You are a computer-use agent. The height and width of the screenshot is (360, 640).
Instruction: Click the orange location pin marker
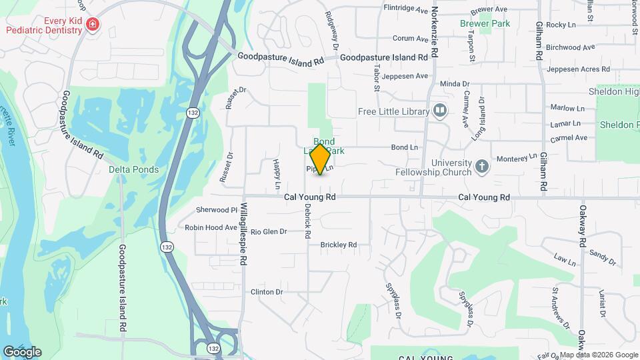tap(321, 159)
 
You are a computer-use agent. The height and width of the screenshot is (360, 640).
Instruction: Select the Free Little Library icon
tap(439, 111)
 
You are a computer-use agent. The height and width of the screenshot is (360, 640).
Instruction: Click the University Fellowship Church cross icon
tap(482, 164)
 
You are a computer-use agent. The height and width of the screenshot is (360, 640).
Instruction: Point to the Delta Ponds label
tap(134, 169)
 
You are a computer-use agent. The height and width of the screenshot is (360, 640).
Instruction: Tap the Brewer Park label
tap(485, 23)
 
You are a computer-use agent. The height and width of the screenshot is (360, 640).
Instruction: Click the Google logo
tap(22, 351)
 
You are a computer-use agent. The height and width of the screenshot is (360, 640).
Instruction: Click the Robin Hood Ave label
tap(211, 227)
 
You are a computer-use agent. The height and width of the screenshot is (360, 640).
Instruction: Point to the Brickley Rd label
tap(339, 245)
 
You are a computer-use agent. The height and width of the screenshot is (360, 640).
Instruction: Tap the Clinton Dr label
tap(267, 292)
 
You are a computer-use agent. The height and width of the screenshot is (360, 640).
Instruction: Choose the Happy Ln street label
tap(276, 170)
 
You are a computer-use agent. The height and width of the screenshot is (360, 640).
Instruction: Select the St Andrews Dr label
tap(560, 308)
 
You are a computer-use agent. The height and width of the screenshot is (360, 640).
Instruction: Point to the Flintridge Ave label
tap(405, 9)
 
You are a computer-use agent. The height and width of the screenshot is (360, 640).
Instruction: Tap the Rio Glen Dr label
tap(269, 231)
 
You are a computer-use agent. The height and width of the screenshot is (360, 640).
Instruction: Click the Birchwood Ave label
tap(570, 47)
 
